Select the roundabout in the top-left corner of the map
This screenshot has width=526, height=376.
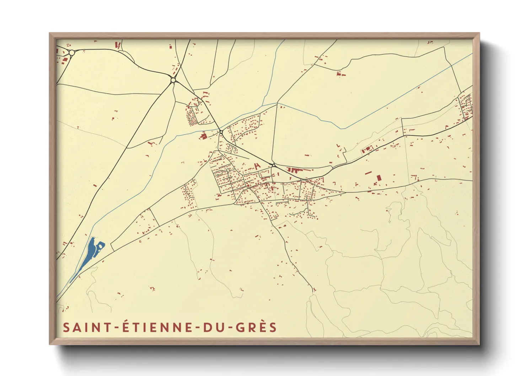(x=72, y=53)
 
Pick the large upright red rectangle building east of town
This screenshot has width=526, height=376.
(x=379, y=177)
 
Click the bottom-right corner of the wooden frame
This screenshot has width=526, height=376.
(x=479, y=344)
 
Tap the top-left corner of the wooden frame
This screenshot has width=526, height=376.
(x=50, y=33)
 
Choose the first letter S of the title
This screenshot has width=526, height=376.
(x=66, y=327)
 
